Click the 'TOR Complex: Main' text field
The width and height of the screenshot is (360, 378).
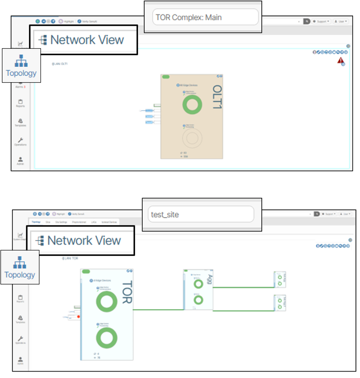coord(205,17)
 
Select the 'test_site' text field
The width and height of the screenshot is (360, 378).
coord(198,215)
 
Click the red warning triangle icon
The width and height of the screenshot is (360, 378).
coord(341,61)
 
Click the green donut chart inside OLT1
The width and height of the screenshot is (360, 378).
coord(192,105)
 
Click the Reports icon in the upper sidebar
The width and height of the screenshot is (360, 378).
coord(20,102)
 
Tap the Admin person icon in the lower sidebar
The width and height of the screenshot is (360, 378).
coord(20,360)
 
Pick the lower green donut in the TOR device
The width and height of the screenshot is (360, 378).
coord(106,338)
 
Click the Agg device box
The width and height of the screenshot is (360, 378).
coord(199,289)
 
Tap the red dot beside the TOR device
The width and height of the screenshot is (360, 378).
coord(78,316)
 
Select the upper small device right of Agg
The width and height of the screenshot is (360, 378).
coord(280,280)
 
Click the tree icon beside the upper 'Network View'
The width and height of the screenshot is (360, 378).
coord(43,40)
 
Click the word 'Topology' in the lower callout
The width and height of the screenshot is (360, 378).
coord(20,275)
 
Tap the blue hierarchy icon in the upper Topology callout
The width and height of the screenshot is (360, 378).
coord(21,61)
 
